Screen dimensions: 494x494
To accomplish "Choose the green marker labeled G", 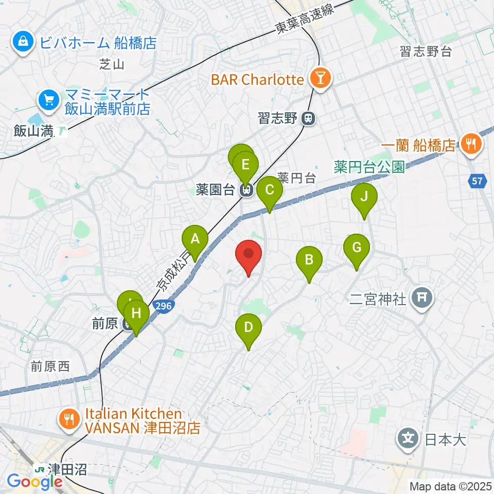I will (357, 248).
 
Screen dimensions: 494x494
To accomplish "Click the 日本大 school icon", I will (409, 439).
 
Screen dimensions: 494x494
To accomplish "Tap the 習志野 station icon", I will (308, 118).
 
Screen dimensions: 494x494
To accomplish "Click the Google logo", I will (34, 482).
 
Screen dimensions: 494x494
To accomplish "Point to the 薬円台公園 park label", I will (369, 167).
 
